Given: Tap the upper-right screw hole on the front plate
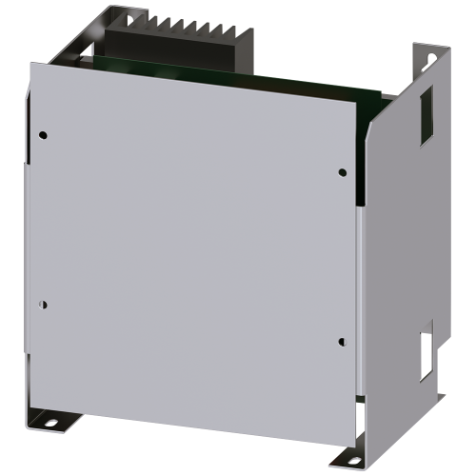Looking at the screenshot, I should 342,171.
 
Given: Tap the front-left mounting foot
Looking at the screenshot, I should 50,417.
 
